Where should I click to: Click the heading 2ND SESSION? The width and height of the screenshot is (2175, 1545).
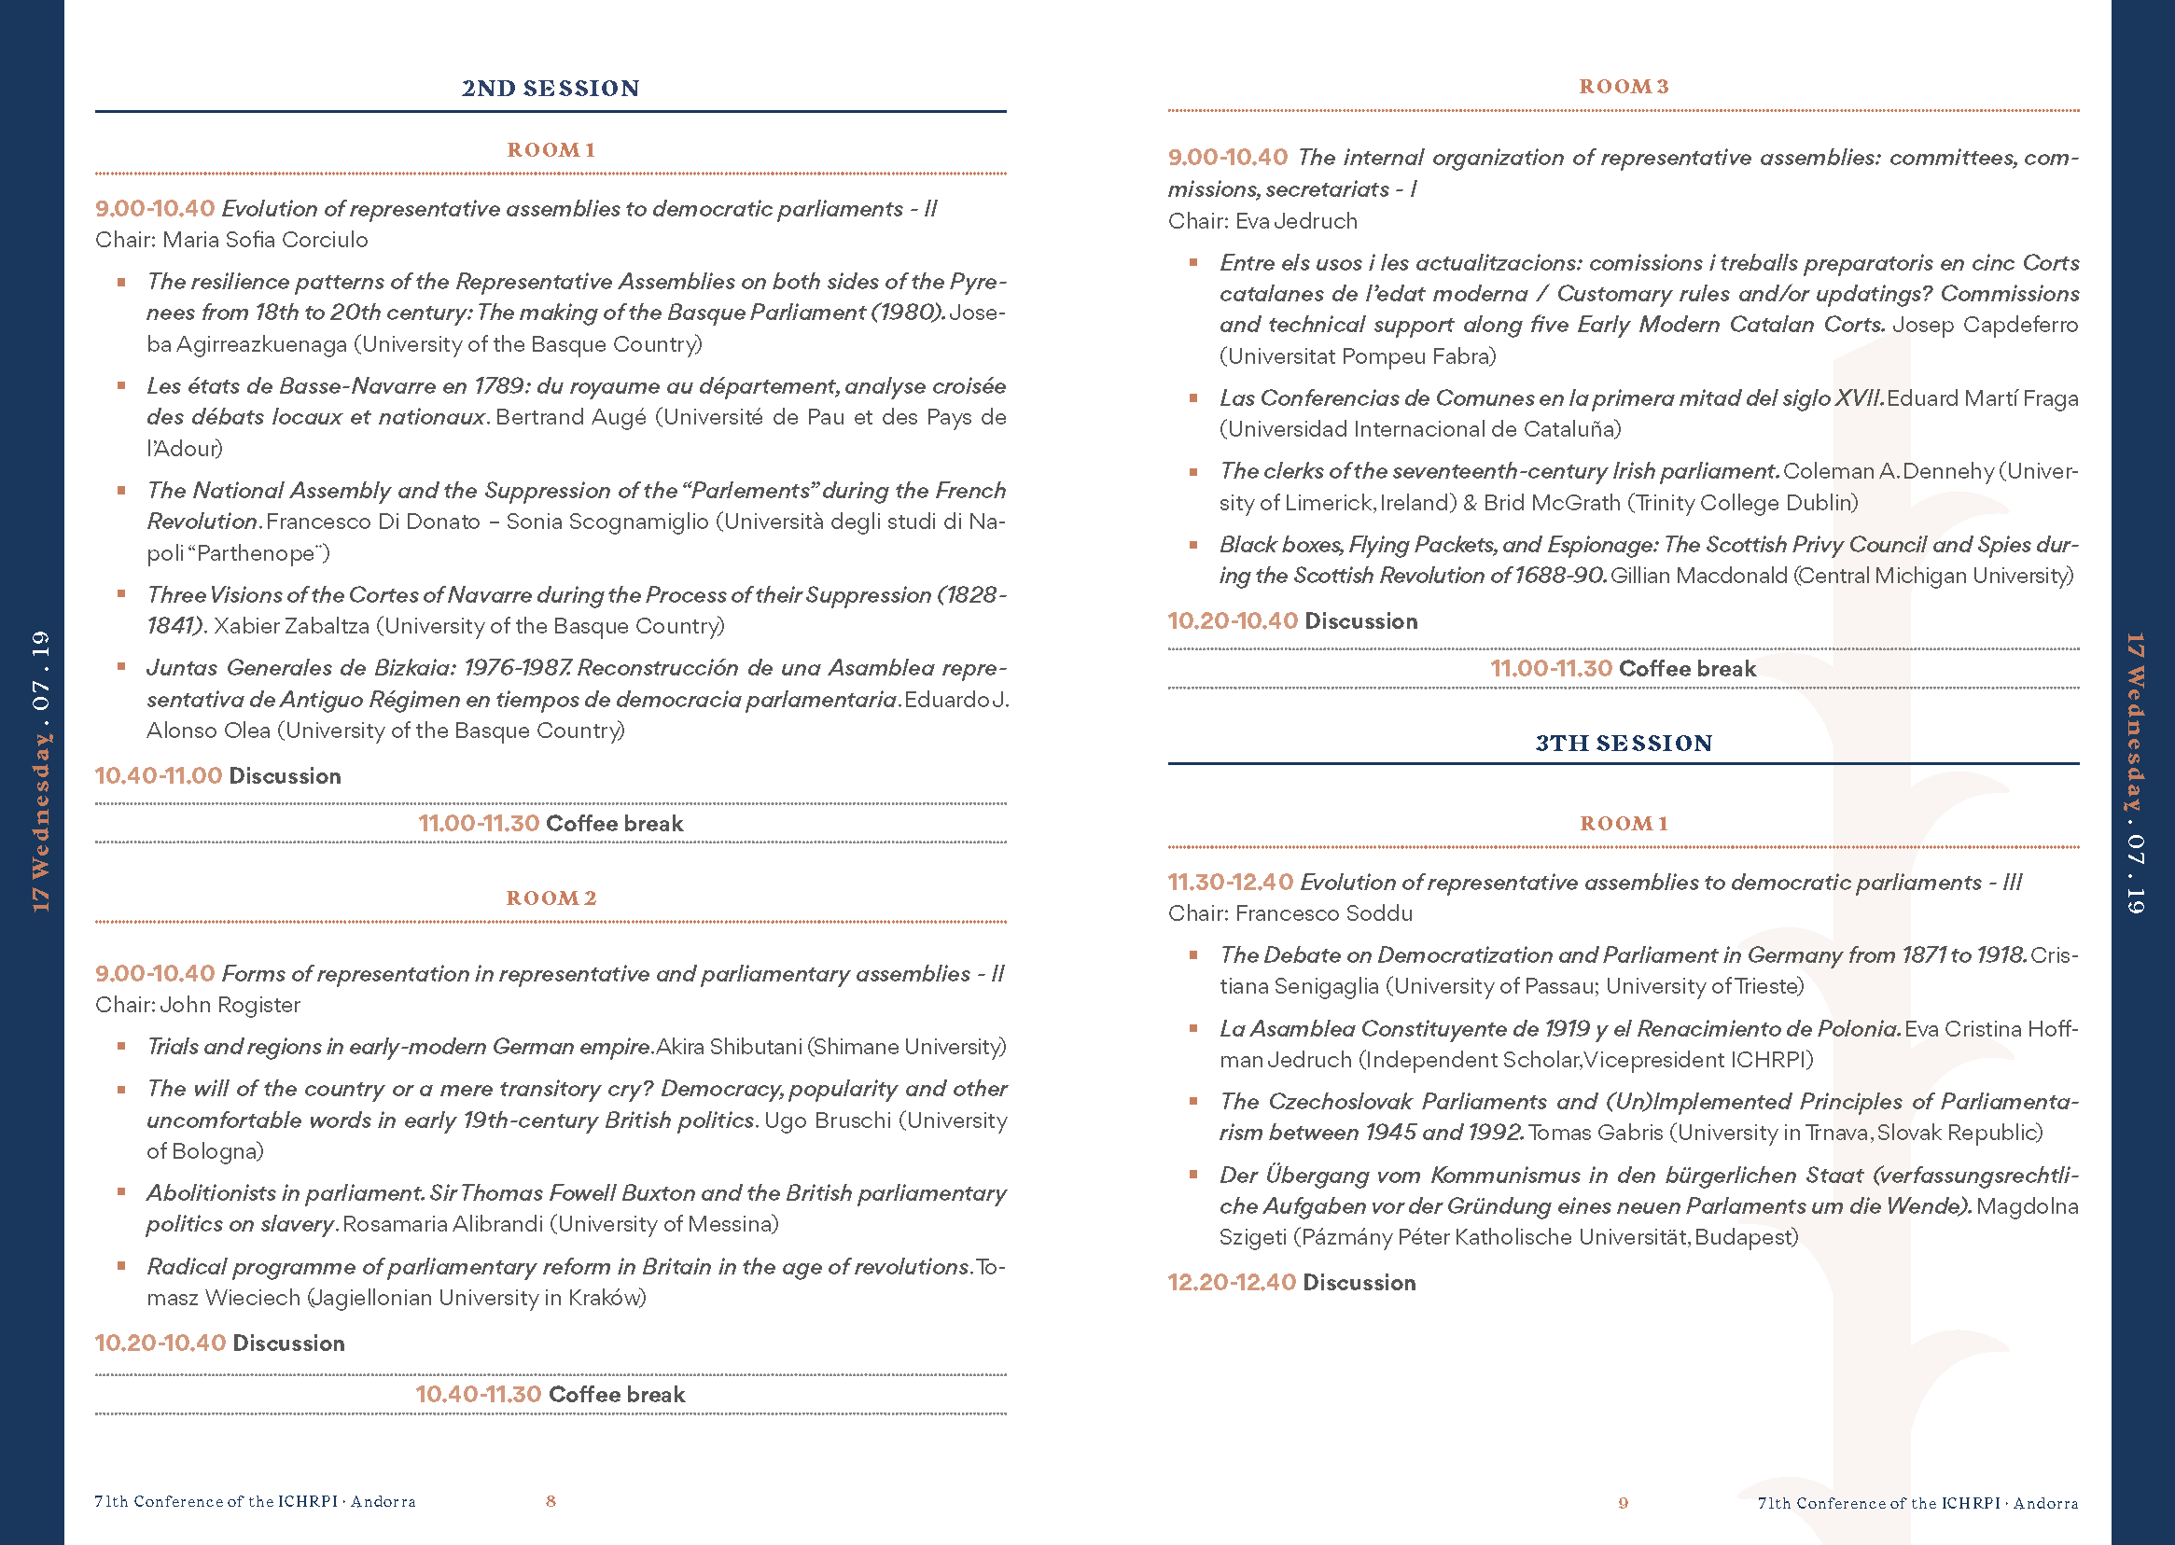tap(550, 89)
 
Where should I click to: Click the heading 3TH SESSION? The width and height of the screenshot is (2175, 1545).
tap(1624, 743)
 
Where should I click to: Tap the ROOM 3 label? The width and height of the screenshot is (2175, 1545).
tap(1624, 87)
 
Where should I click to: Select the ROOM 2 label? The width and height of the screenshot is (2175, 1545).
tap(551, 898)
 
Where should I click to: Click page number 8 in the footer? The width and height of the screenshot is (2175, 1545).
tap(551, 1500)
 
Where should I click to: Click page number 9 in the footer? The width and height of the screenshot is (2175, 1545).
tap(1624, 1502)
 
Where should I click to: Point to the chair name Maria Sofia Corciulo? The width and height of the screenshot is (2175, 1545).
tap(264, 240)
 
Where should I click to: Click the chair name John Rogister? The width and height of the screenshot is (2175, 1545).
tap(230, 1005)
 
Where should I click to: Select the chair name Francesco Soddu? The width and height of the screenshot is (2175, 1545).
tap(1323, 913)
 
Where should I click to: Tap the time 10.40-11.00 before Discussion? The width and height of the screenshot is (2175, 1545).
tap(158, 775)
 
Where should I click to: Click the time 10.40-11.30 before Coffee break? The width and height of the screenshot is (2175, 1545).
tap(478, 1394)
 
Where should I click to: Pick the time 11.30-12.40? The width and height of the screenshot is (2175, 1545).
tap(1229, 882)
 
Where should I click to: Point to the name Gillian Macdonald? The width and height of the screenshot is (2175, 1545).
tap(1698, 576)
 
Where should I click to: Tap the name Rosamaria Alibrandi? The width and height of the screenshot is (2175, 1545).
tap(444, 1223)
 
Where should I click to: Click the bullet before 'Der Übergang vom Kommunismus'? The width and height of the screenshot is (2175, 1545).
tap(1193, 1174)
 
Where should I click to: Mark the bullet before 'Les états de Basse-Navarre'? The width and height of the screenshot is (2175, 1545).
tap(121, 385)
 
